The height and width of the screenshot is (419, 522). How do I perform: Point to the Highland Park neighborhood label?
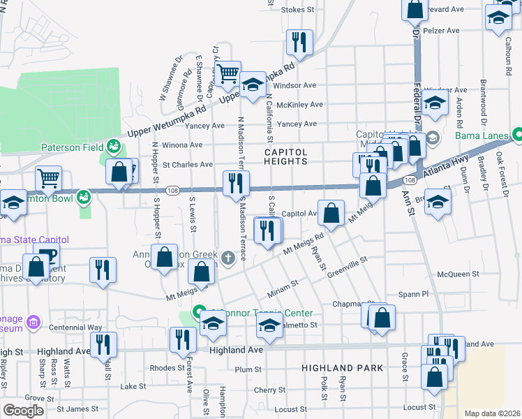[342, 367]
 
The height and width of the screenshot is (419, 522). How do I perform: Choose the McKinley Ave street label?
[299, 105]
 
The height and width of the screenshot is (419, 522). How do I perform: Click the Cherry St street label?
[266, 390]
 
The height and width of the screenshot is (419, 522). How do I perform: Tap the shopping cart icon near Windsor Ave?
[228, 73]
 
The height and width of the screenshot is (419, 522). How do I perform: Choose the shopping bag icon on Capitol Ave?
[333, 212]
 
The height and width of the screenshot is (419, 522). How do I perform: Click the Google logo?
[24, 411]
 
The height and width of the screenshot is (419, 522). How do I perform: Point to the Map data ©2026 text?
[491, 413]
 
